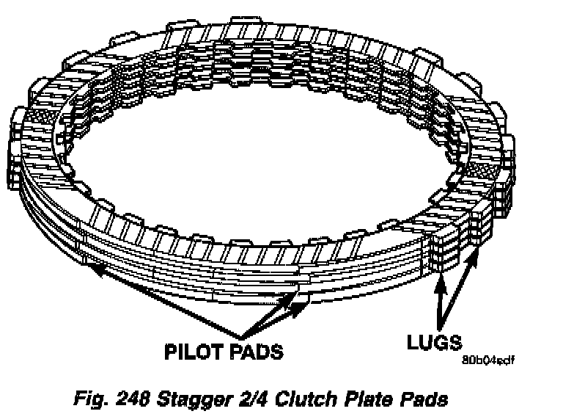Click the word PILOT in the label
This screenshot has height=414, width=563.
[193, 352]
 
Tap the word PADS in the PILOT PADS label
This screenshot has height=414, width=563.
[254, 352]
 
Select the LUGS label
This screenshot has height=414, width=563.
[434, 341]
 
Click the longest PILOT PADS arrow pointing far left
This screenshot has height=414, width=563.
[161, 297]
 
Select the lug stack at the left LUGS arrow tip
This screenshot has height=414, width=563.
[444, 253]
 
